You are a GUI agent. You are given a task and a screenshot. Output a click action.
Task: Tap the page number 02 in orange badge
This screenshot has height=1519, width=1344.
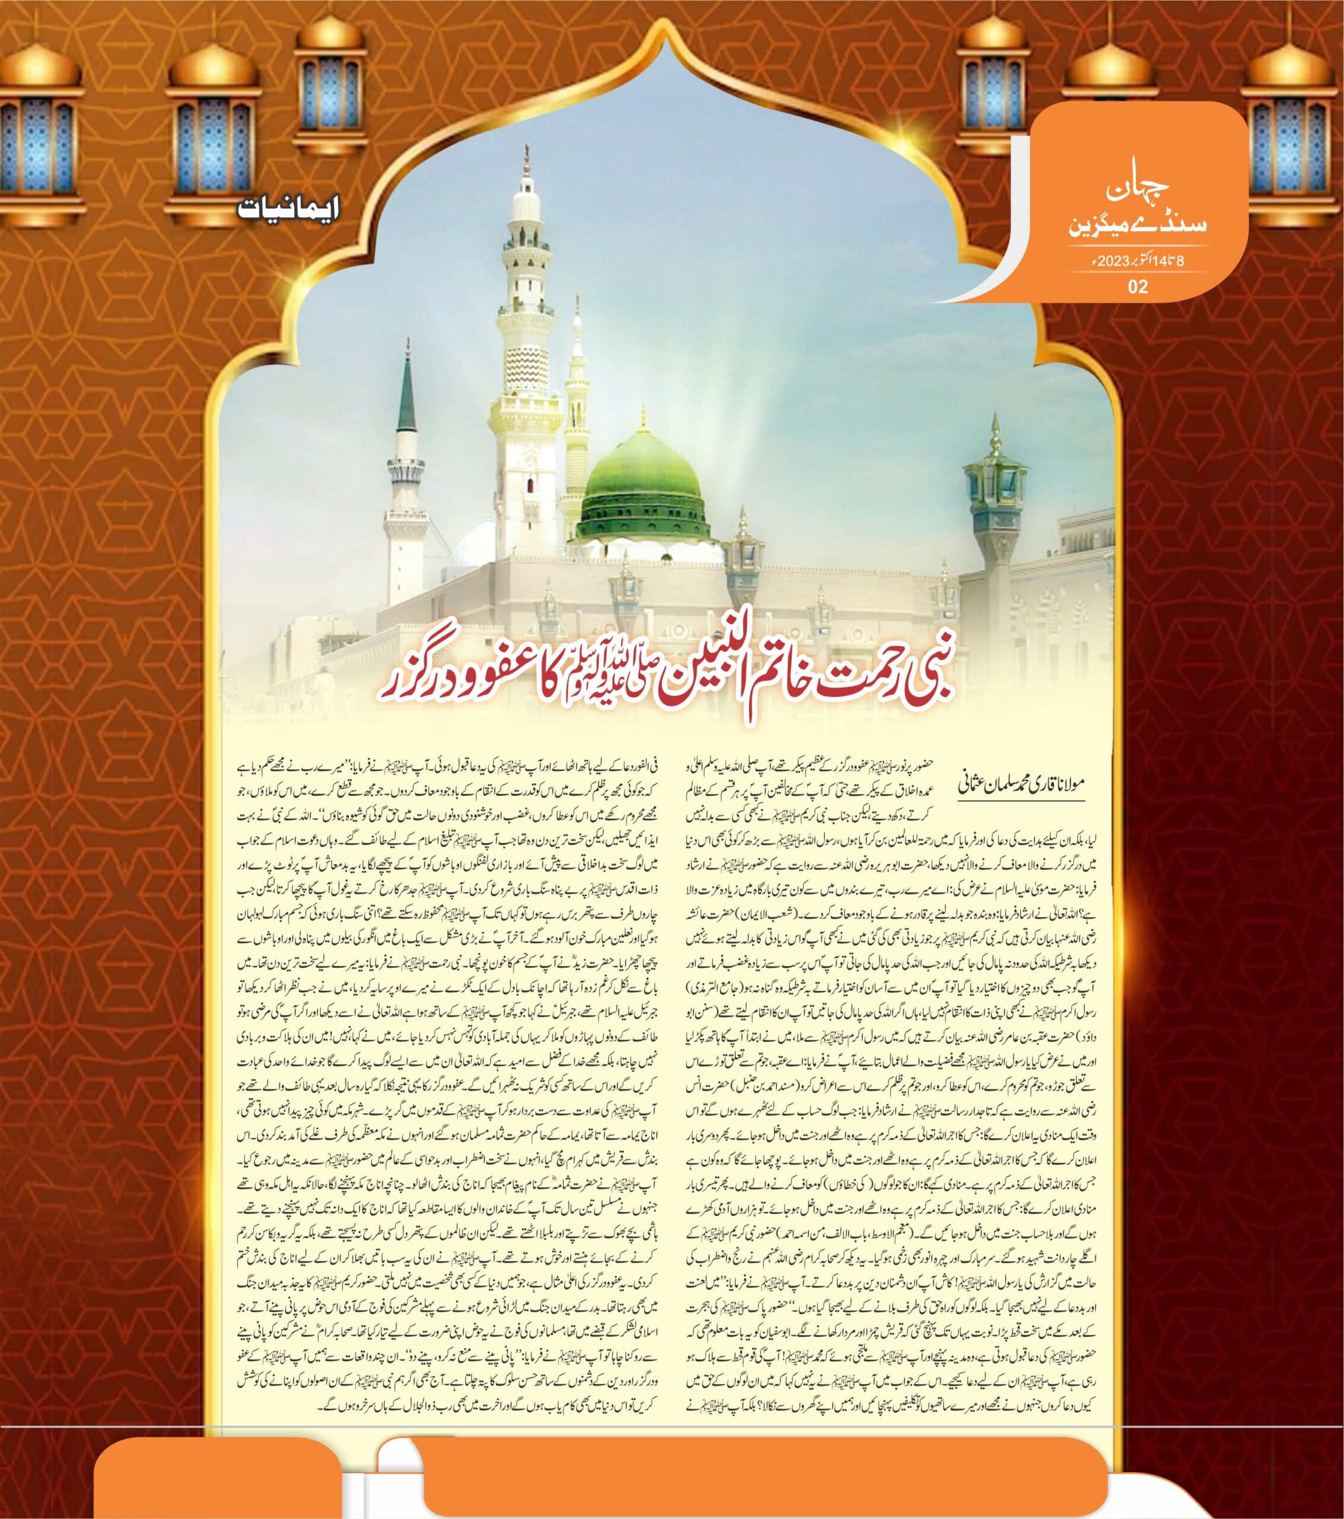tap(1138, 286)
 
